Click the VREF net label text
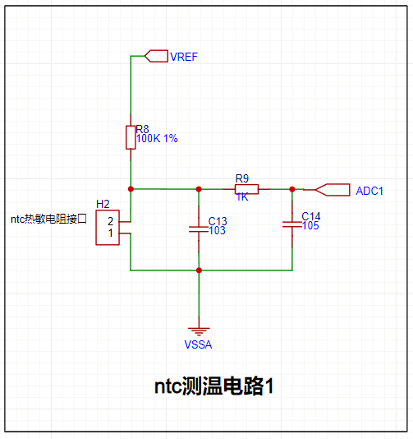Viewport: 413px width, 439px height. (x=184, y=57)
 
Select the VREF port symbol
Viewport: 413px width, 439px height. (x=156, y=56)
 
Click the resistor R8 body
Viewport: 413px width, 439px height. (x=131, y=137)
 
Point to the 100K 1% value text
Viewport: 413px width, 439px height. (x=157, y=138)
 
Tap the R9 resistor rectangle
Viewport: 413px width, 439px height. (x=246, y=189)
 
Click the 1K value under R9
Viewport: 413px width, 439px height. (x=242, y=197)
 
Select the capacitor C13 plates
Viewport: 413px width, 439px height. (x=199, y=229)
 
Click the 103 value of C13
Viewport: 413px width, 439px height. (x=217, y=230)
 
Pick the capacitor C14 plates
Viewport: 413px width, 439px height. (x=292, y=224)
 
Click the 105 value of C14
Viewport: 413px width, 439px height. (x=310, y=225)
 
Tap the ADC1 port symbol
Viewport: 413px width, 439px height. (x=333, y=190)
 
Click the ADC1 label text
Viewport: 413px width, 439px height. (x=369, y=191)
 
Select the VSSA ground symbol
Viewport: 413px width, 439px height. (x=199, y=331)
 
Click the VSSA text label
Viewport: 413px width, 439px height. (x=198, y=344)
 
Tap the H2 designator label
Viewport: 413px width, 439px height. (x=103, y=204)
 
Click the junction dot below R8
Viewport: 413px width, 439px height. (x=131, y=189)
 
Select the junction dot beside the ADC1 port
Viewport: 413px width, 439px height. (x=292, y=189)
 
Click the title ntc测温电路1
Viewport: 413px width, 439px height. (x=214, y=386)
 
